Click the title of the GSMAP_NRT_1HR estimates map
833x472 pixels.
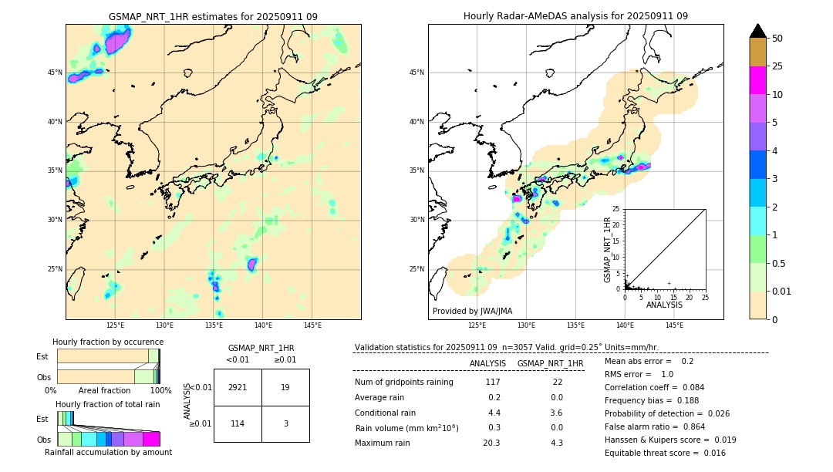(x=213, y=16)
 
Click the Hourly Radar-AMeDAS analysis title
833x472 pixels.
(x=575, y=16)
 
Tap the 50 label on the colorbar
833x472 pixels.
(x=778, y=38)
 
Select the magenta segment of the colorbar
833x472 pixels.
(x=758, y=80)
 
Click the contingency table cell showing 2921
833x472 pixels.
(x=238, y=387)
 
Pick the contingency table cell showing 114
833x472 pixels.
(x=238, y=423)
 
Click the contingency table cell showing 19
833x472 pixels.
(x=285, y=387)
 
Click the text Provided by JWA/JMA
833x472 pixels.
(x=471, y=311)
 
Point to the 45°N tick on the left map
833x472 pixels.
(x=55, y=72)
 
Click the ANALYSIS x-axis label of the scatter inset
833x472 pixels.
(x=664, y=305)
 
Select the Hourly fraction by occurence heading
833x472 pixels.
(x=108, y=342)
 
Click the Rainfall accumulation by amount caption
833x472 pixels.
(x=108, y=452)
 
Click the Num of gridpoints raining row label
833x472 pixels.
(x=404, y=382)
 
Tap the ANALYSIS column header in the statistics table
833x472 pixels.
(x=487, y=363)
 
